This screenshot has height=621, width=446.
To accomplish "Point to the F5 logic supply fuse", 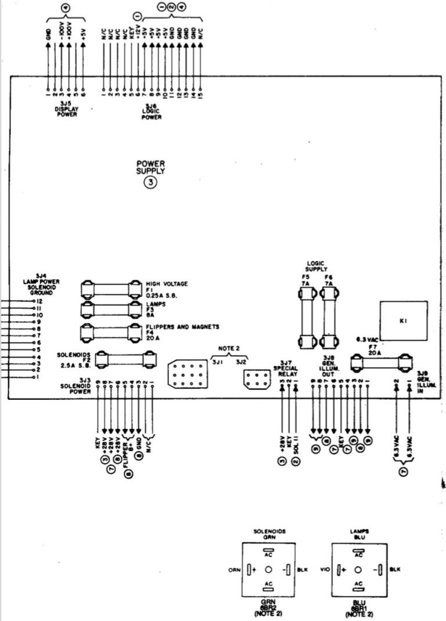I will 307,316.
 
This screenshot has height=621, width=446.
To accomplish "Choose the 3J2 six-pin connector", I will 254,380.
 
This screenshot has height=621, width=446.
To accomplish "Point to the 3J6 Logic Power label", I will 151,110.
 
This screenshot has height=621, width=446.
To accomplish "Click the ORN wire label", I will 233,569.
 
